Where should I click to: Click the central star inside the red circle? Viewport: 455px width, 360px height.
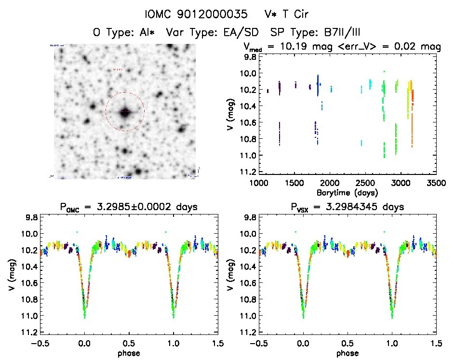coord(125,112)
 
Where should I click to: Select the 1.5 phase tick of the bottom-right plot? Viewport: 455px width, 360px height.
coord(436,343)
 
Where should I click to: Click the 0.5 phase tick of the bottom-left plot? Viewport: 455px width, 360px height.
coord(129,343)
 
